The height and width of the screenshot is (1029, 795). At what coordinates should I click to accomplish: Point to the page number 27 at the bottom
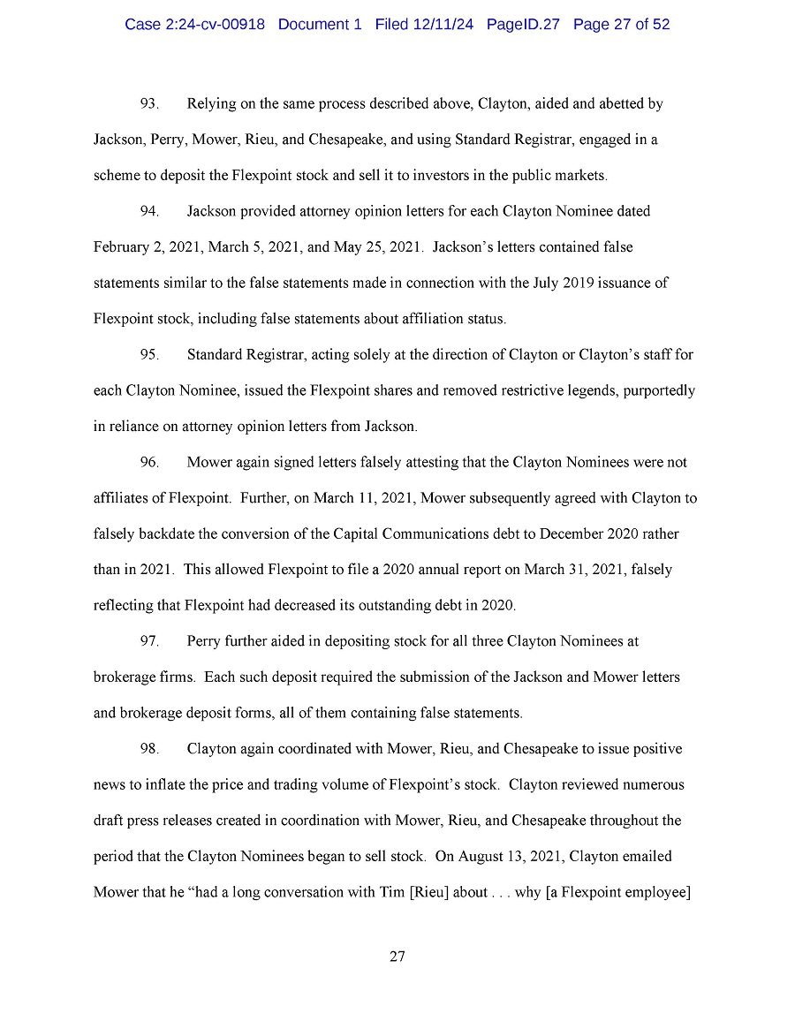(x=397, y=957)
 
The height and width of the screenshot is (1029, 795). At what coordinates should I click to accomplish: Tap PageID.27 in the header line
(x=523, y=25)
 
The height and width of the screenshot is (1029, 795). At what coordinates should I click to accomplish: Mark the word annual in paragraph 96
(x=420, y=570)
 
